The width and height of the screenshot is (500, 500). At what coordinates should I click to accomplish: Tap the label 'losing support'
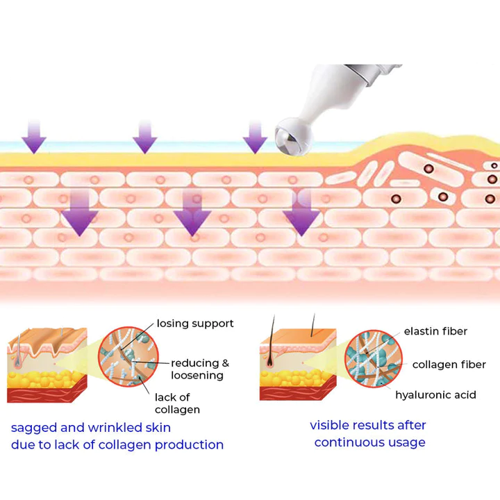click(195, 324)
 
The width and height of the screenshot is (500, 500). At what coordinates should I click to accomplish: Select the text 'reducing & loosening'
click(199, 369)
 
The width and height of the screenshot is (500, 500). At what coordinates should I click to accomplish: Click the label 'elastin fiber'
click(435, 331)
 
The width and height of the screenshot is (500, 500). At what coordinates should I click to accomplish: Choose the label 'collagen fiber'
click(449, 365)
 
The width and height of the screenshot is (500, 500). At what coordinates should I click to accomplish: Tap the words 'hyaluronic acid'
click(435, 395)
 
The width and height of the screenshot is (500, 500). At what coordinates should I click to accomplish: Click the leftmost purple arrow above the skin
click(33, 136)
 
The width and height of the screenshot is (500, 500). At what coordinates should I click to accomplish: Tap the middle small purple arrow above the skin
click(144, 136)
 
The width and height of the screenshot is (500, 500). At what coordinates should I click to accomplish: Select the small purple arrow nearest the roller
click(255, 136)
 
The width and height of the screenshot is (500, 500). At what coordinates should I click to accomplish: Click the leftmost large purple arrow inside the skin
click(81, 212)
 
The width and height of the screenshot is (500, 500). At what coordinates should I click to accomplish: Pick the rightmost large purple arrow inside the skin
click(301, 212)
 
